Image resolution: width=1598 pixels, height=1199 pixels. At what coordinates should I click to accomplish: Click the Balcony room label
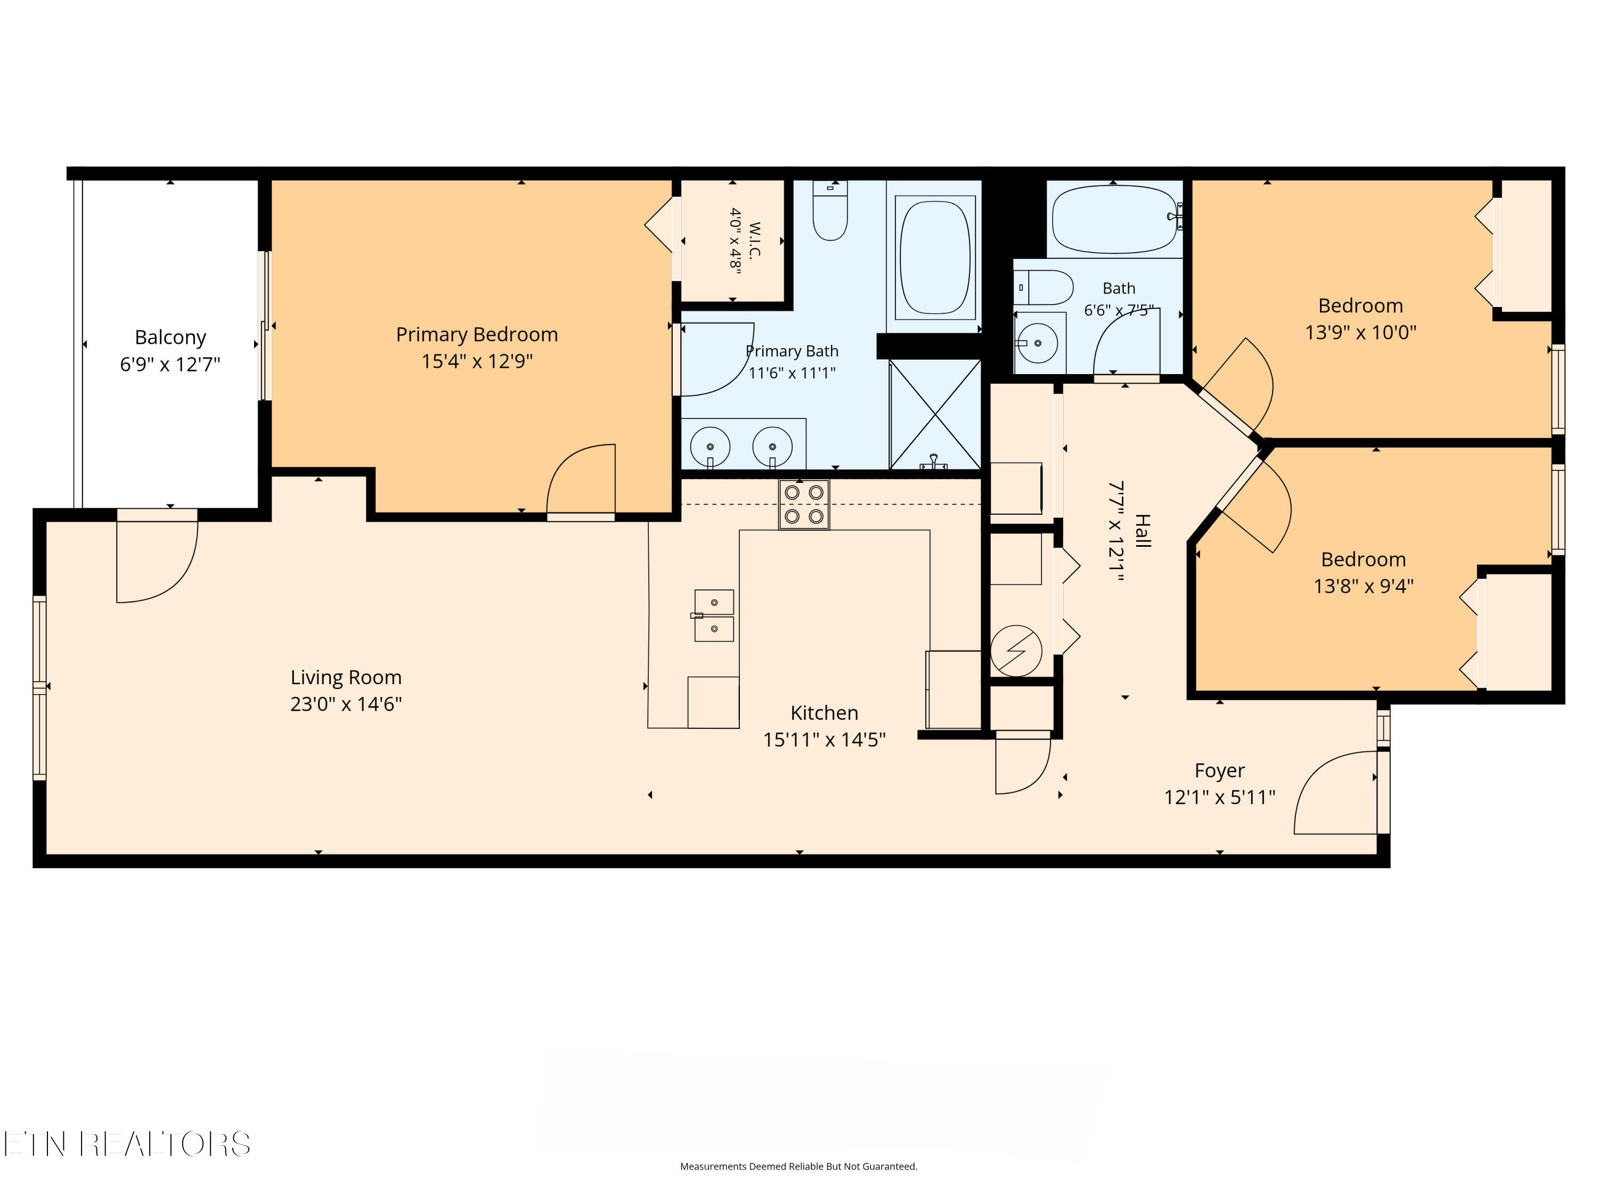170,337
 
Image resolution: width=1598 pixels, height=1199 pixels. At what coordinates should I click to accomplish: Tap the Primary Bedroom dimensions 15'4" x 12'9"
477,361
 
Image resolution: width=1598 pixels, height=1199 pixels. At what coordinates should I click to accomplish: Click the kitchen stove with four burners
804,505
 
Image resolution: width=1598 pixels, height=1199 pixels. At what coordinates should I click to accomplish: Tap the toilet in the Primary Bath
830,210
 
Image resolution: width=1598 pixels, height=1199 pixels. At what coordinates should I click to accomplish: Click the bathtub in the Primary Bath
935,257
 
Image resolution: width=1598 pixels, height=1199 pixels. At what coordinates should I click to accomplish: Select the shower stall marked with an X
935,415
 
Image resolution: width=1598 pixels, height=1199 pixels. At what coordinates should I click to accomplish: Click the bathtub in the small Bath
1115,219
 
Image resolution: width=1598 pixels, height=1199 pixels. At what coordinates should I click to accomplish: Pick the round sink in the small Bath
1038,343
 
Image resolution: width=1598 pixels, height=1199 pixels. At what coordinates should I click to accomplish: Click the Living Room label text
346,677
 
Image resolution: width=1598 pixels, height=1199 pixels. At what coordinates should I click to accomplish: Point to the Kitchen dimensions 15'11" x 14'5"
824,739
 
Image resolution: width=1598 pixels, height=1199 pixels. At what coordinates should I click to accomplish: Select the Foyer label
1219,771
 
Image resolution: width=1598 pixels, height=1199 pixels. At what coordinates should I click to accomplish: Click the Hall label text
1142,531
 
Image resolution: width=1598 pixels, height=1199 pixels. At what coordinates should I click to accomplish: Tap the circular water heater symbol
1016,651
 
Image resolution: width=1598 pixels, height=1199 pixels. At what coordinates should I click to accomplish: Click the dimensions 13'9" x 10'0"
1360,333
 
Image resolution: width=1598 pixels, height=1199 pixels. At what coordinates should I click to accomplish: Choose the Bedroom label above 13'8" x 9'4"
1363,560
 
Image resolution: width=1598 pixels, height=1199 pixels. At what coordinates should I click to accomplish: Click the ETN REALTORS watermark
127,1144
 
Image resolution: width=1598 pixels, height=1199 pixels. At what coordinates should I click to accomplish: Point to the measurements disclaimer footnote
799,1166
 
